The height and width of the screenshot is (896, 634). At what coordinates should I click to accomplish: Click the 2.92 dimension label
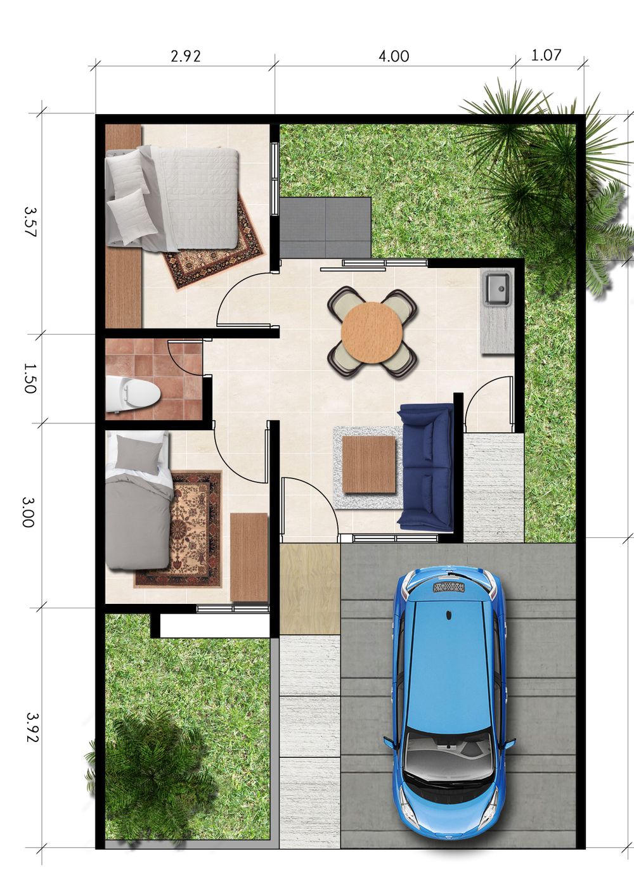coord(185,56)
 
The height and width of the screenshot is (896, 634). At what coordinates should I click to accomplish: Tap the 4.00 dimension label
coord(394,56)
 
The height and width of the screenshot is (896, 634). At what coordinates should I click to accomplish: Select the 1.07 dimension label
coord(546,54)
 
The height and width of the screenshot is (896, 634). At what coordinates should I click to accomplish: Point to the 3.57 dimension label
coord(30,221)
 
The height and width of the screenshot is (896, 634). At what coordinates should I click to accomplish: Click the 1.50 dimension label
coord(30,378)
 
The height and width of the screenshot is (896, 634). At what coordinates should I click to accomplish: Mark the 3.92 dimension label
coord(32,727)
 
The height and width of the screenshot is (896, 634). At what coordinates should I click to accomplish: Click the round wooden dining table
coord(372,333)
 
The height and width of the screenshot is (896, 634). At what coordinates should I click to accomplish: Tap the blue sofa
coord(425,467)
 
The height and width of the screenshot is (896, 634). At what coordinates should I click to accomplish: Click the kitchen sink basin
coord(496,288)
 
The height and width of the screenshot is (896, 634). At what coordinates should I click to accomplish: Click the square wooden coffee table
coord(369,464)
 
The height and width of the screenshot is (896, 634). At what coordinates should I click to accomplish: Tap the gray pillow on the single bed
coord(138,455)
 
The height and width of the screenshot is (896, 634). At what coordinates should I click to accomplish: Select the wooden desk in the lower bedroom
coord(249,558)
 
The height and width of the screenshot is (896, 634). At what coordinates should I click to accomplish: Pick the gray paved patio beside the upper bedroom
coord(325,227)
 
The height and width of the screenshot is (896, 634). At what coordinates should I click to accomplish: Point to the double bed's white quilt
coord(195,198)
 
